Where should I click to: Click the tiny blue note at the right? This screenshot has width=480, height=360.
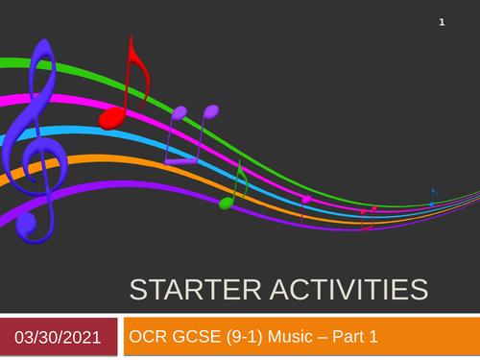[x=434, y=198]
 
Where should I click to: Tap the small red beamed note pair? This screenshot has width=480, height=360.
[x=369, y=215]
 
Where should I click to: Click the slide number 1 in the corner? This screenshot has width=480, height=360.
[x=442, y=22]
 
